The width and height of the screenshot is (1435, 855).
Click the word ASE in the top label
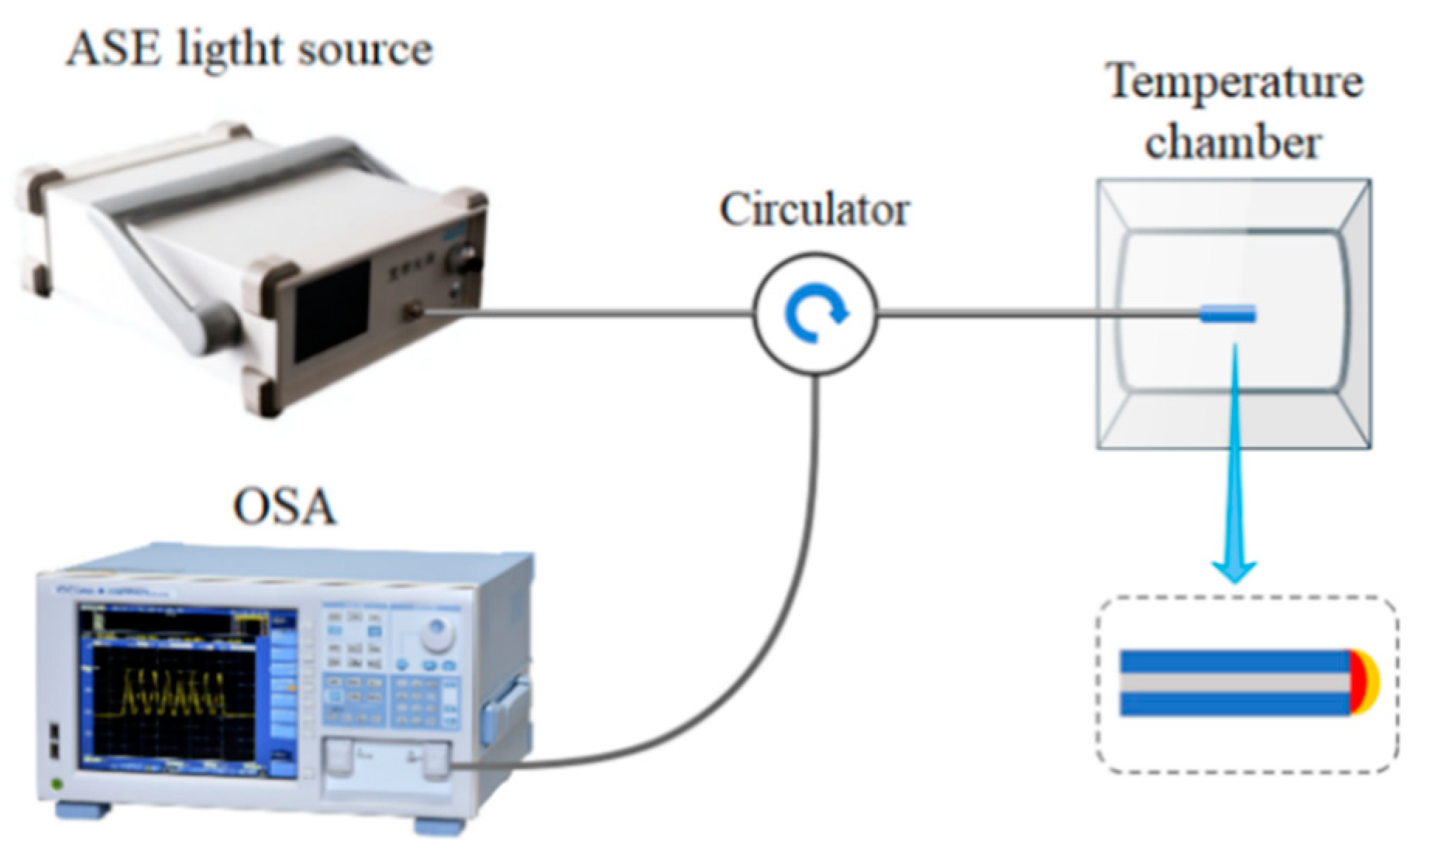(x=114, y=50)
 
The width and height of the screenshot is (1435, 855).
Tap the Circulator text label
(x=814, y=210)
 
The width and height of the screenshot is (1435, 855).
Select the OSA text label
(x=284, y=508)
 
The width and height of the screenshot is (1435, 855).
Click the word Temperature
(x=1234, y=82)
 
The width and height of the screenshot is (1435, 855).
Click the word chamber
(x=1233, y=143)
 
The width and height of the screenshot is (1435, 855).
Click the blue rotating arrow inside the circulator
(x=814, y=314)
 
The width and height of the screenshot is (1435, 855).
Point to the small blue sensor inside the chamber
(x=1227, y=314)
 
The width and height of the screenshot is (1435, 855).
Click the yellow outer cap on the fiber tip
(x=1372, y=682)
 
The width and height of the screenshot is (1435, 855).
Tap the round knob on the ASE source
(x=467, y=259)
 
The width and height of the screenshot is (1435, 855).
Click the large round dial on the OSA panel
(x=438, y=635)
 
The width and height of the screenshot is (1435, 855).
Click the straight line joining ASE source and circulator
(x=589, y=314)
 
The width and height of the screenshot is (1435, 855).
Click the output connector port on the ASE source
(x=412, y=313)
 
